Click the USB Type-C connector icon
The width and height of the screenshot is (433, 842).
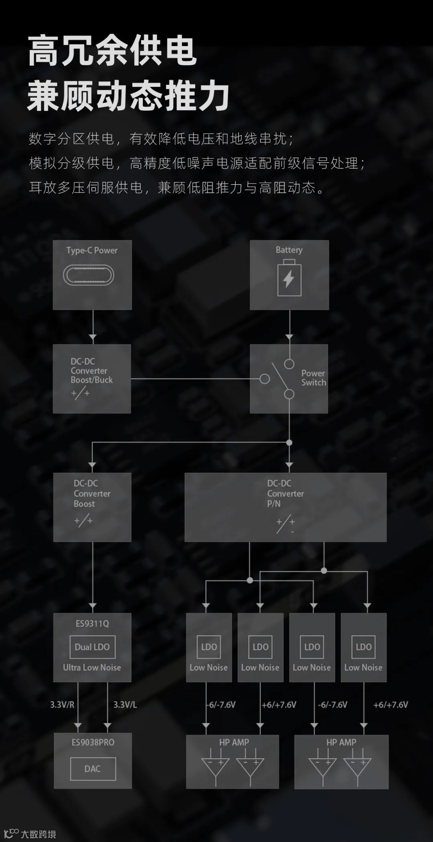pos(89,276)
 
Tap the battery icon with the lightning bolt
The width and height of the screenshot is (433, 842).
pos(289,278)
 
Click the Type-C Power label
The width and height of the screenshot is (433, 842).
pos(92,250)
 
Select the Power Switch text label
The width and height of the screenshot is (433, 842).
pos(314,378)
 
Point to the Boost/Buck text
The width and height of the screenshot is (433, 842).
pos(92,380)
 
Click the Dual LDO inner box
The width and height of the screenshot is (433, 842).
pos(92,647)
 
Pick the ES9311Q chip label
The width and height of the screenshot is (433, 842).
pos(92,623)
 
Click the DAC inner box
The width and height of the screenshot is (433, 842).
pos(93,769)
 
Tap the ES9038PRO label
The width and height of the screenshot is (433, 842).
pos(93,742)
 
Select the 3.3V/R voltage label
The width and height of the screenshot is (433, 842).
pos(62,705)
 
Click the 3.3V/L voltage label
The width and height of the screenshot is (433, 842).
pos(125,705)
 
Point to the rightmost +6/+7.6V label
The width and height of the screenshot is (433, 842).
pos(391,705)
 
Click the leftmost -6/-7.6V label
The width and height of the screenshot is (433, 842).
pos(221,705)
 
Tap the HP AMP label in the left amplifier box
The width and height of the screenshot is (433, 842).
pos(234,742)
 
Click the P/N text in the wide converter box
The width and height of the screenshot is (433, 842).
pos(274,504)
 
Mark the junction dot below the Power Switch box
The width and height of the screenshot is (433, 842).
pos(289,443)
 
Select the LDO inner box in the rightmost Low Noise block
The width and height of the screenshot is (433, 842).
pos(363,647)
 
